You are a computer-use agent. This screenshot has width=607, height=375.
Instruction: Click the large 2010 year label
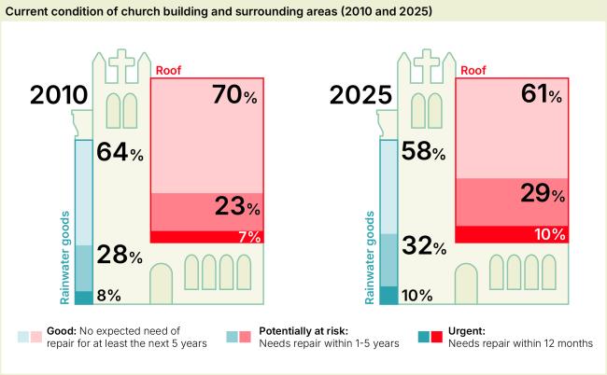tap(59, 96)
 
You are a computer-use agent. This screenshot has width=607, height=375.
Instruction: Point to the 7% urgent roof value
tap(248, 237)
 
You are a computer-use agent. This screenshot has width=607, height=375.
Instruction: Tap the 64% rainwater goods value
tap(120, 153)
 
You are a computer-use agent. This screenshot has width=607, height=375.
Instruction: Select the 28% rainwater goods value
tap(120, 255)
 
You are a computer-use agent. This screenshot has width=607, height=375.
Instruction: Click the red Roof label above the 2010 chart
tap(168, 70)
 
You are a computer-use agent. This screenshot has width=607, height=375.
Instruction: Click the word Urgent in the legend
tap(470, 330)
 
